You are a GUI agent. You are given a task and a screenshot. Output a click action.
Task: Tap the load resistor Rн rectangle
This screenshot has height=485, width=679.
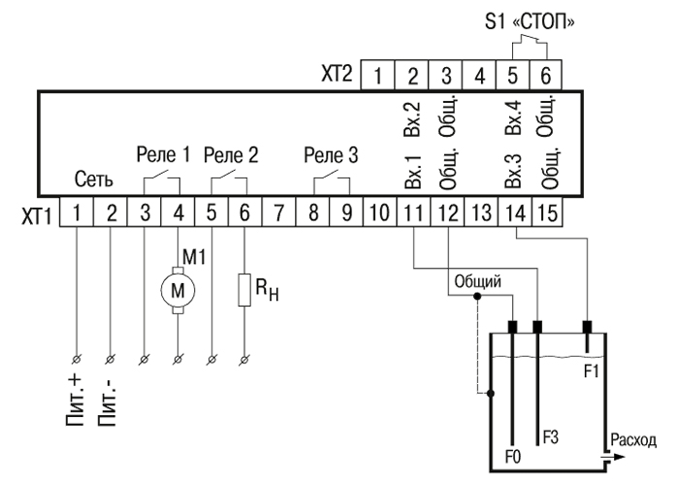pyautogui.click(x=243, y=288)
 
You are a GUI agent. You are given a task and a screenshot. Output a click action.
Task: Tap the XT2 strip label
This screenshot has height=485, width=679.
pyautogui.click(x=337, y=73)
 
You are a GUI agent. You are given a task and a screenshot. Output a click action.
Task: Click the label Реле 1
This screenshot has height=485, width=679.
pyautogui.click(x=161, y=153)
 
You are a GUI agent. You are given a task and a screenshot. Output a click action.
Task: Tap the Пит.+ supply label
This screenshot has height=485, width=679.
pyautogui.click(x=76, y=398)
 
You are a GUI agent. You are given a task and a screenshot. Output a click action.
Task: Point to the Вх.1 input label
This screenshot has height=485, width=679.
pyautogui.click(x=411, y=171)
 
